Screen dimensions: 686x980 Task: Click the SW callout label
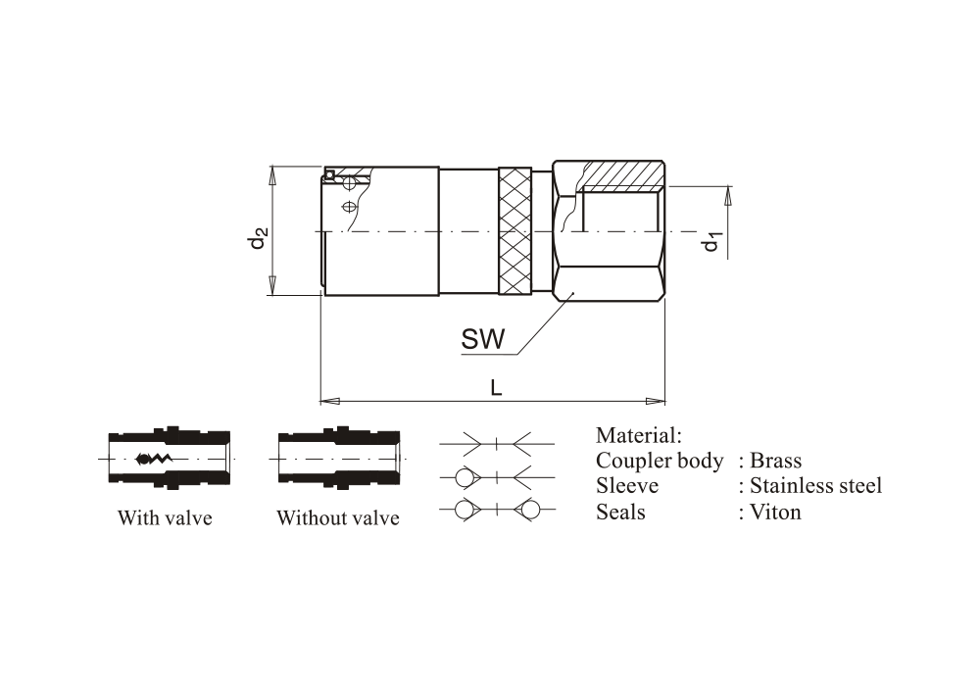tap(483, 340)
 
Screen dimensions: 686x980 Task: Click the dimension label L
tap(497, 388)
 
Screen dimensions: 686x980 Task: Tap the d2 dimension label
tap(258, 238)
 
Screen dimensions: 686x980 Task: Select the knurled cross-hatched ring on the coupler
tap(514, 231)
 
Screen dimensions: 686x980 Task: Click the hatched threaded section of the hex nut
tap(621, 175)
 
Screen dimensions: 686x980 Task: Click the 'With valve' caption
tap(165, 517)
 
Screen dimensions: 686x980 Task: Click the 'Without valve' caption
tap(337, 517)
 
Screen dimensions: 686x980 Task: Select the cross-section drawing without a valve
tap(338, 459)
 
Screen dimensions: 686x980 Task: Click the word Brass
tap(775, 461)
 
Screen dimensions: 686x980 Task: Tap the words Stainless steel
tap(815, 485)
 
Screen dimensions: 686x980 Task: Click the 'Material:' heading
tap(638, 435)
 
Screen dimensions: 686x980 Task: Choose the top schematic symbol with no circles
tap(498, 444)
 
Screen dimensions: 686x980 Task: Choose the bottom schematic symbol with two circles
tap(498, 510)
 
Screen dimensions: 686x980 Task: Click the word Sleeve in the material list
tap(627, 485)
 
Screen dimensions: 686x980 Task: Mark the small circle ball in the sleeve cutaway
tap(332, 176)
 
